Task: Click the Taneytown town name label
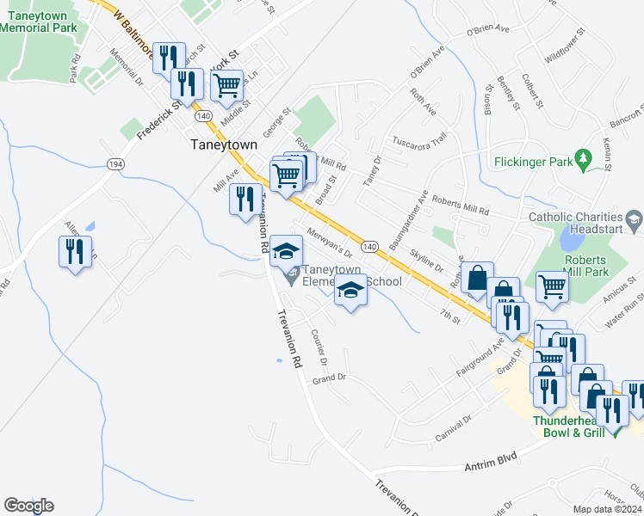(x=223, y=145)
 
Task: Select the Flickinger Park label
(x=534, y=161)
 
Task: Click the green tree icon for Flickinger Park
(x=585, y=159)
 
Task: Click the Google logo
(x=28, y=506)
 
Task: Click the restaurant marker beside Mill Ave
(x=245, y=200)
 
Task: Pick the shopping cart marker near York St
(x=226, y=85)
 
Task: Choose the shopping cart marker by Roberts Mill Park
(x=551, y=287)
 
